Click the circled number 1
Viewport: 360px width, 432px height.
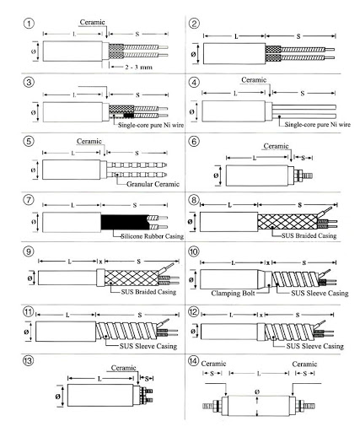coord(29,23)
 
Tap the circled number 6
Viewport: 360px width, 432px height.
coord(194,141)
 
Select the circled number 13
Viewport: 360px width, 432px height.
coord(28,360)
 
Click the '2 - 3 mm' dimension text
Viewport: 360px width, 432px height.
coord(138,67)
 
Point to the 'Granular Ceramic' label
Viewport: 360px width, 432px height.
coord(153,184)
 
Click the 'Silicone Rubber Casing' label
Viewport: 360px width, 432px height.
coord(153,236)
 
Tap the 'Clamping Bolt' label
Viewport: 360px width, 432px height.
coord(233,294)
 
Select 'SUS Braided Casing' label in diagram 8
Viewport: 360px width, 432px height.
coord(309,235)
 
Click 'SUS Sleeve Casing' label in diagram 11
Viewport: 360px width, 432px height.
coord(148,346)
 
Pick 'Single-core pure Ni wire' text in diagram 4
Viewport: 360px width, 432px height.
coord(318,124)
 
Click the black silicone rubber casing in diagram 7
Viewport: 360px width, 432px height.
coord(125,222)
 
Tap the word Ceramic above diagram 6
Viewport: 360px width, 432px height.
coord(276,146)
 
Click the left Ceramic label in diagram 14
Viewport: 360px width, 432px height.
coord(213,364)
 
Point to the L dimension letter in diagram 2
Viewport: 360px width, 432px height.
coord(236,36)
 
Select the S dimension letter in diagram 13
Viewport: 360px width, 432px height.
coord(147,379)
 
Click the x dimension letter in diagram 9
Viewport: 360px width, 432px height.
coord(100,262)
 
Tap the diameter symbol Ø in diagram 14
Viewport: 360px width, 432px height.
coord(257,391)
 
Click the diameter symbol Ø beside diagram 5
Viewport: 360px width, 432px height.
coord(33,170)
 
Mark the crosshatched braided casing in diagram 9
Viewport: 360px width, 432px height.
coord(132,278)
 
